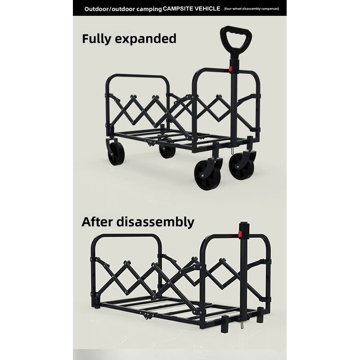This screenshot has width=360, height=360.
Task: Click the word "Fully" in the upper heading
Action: pyautogui.click(x=96, y=39)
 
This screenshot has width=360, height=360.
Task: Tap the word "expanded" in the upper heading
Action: pyautogui.click(x=145, y=39)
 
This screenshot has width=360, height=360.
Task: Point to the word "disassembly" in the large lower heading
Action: pyautogui.click(x=155, y=222)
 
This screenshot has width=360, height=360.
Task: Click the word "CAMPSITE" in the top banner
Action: pyautogui.click(x=178, y=9)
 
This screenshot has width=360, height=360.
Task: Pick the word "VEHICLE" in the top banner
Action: pyautogui.click(x=207, y=9)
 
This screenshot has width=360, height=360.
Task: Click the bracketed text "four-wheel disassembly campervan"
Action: pyautogui.click(x=252, y=9)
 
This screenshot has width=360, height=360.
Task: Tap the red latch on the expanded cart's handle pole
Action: pyautogui.click(x=230, y=69)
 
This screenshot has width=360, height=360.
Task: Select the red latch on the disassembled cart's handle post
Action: pyautogui.click(x=240, y=234)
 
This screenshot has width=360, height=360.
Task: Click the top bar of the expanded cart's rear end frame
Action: pyautogui.click(x=138, y=76)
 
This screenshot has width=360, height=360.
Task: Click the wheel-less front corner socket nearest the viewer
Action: pyautogui.click(x=225, y=324)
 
